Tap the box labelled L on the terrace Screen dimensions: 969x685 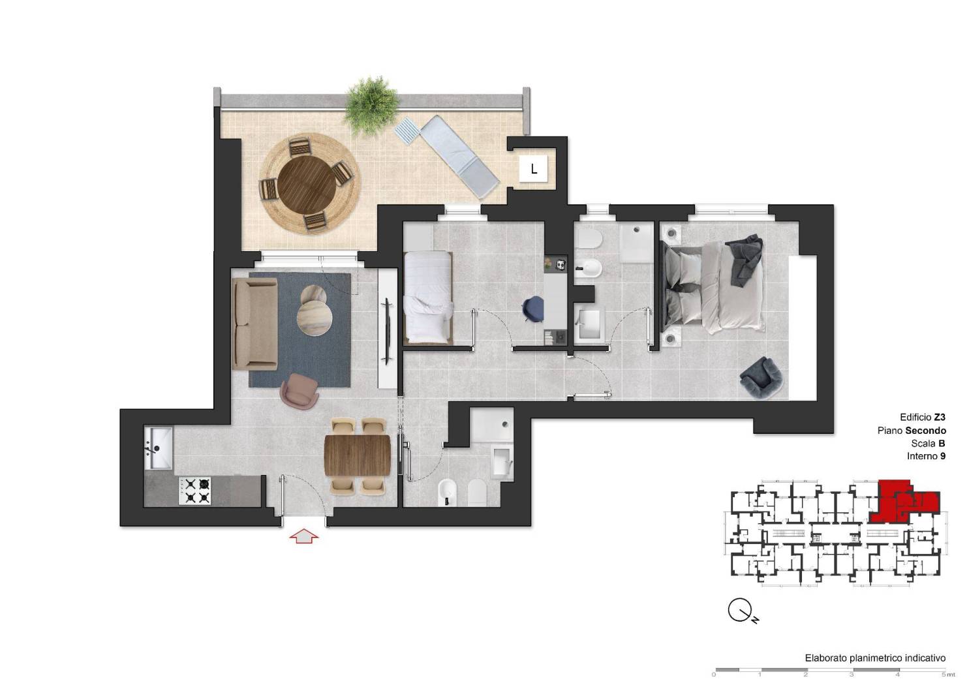pos(533,169)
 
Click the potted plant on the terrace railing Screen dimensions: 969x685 pos(372,105)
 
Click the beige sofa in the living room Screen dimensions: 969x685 pos(254,324)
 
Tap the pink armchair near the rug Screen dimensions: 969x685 pos(300,391)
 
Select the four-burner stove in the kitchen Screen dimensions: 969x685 pos(194,491)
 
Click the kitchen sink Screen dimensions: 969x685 pos(158,448)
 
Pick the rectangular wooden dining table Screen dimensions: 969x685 pos(358,455)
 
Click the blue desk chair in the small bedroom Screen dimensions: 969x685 pos(533,309)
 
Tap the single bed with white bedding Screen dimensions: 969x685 pos(428,297)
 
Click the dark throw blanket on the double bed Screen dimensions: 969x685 pos(744,260)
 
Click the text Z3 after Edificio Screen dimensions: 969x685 pos(940,418)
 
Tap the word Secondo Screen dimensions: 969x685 pos(926,431)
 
